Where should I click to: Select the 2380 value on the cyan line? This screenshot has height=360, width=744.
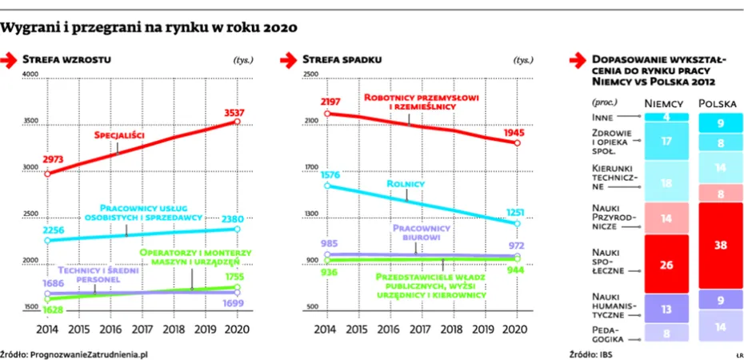coord(238,218)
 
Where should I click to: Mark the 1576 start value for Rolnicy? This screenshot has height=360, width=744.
coord(330,174)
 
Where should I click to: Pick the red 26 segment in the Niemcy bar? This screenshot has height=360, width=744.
coord(666,265)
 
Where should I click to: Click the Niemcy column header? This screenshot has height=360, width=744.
coord(664,104)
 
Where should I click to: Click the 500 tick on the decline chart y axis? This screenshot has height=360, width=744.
coord(311,308)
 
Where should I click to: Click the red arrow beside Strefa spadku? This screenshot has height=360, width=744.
coord(290,59)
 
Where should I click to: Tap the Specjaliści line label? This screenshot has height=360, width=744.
coord(119,135)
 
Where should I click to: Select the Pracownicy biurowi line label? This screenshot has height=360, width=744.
coord(421,232)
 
